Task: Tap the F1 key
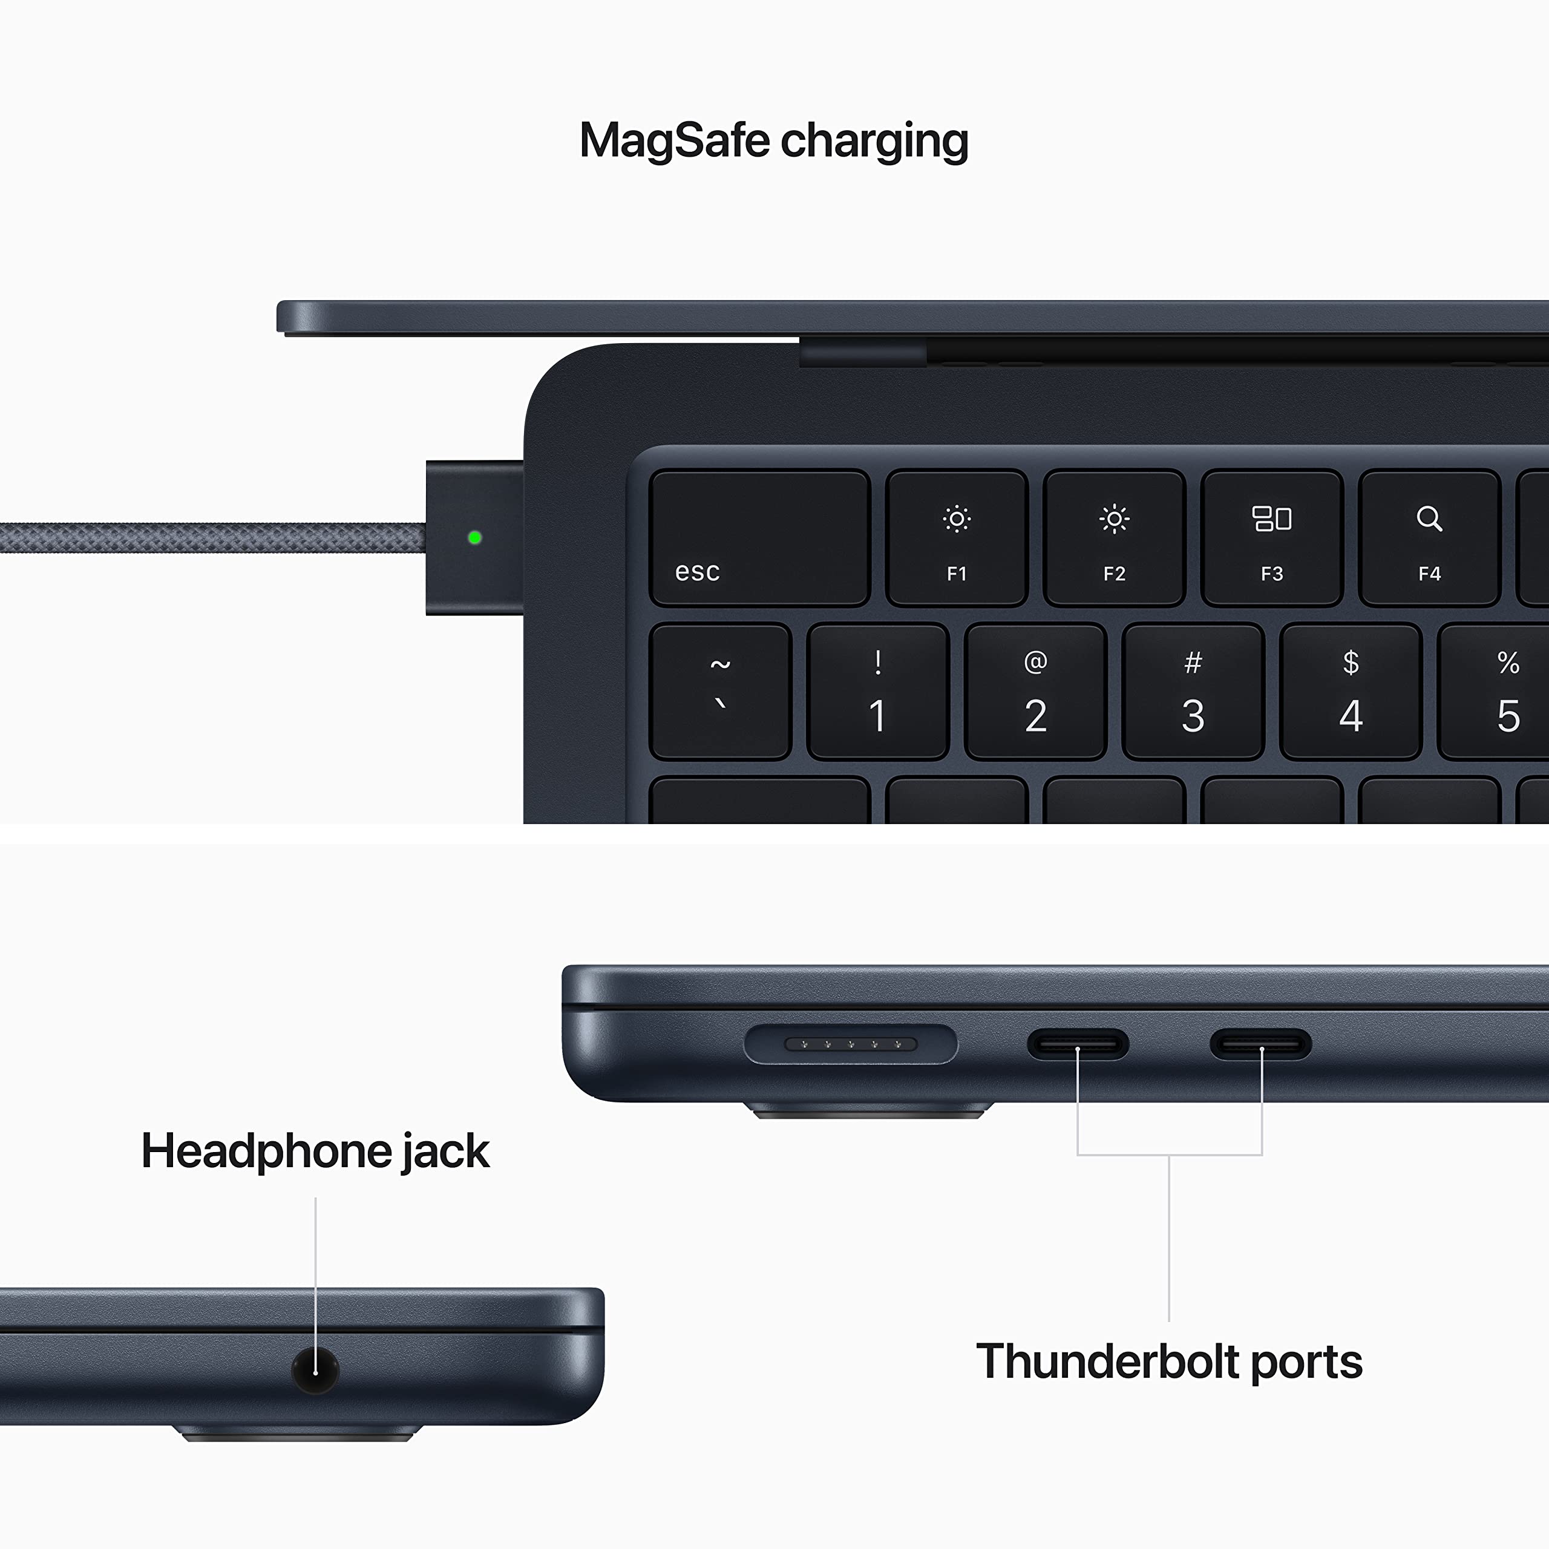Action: pyautogui.click(x=957, y=537)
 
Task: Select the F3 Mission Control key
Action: pyautogui.click(x=1272, y=537)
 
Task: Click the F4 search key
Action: pyautogui.click(x=1429, y=537)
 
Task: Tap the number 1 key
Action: pyautogui.click(x=878, y=691)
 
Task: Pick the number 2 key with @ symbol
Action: pyautogui.click(x=1035, y=691)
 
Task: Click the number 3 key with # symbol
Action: pyautogui.click(x=1193, y=691)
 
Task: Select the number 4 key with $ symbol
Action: pyautogui.click(x=1351, y=691)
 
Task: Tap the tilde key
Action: pyautogui.click(x=720, y=691)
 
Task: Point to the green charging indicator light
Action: pyautogui.click(x=474, y=537)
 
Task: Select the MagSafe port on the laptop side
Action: pyautogui.click(x=851, y=1044)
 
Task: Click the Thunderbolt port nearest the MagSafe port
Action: pyautogui.click(x=1078, y=1044)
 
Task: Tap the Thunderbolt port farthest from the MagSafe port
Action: pyautogui.click(x=1260, y=1044)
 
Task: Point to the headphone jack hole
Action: pyautogui.click(x=315, y=1369)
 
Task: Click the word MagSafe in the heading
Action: pyautogui.click(x=674, y=141)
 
